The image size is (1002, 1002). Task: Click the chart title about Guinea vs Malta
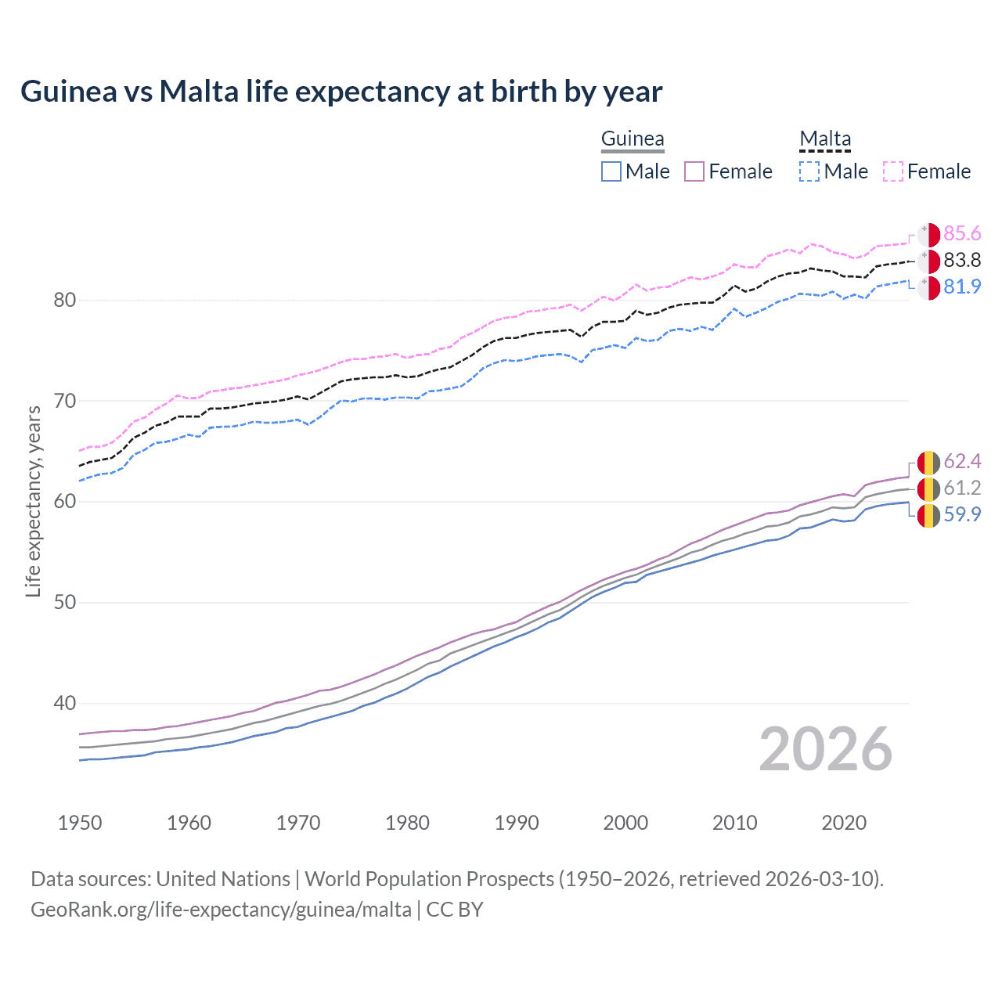(341, 92)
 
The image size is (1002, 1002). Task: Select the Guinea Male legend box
(611, 171)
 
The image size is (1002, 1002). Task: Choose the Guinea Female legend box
(694, 171)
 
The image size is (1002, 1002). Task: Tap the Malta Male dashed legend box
(809, 171)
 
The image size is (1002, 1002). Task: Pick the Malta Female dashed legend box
(893, 171)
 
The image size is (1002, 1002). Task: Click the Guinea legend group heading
(633, 139)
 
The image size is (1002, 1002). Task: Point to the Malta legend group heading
(825, 139)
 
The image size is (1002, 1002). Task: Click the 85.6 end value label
(962, 234)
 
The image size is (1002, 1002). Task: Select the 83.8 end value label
(962, 261)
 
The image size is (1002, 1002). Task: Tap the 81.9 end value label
(962, 287)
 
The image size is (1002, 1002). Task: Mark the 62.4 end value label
(962, 462)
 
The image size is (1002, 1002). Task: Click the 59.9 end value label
(962, 515)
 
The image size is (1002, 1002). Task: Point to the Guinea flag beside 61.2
(928, 488)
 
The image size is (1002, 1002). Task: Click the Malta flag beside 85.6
(928, 235)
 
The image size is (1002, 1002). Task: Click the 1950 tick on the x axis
(80, 823)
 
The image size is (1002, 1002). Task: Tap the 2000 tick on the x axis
(625, 823)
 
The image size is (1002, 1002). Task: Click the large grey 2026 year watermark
(825, 750)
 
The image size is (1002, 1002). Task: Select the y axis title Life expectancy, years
(34, 501)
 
